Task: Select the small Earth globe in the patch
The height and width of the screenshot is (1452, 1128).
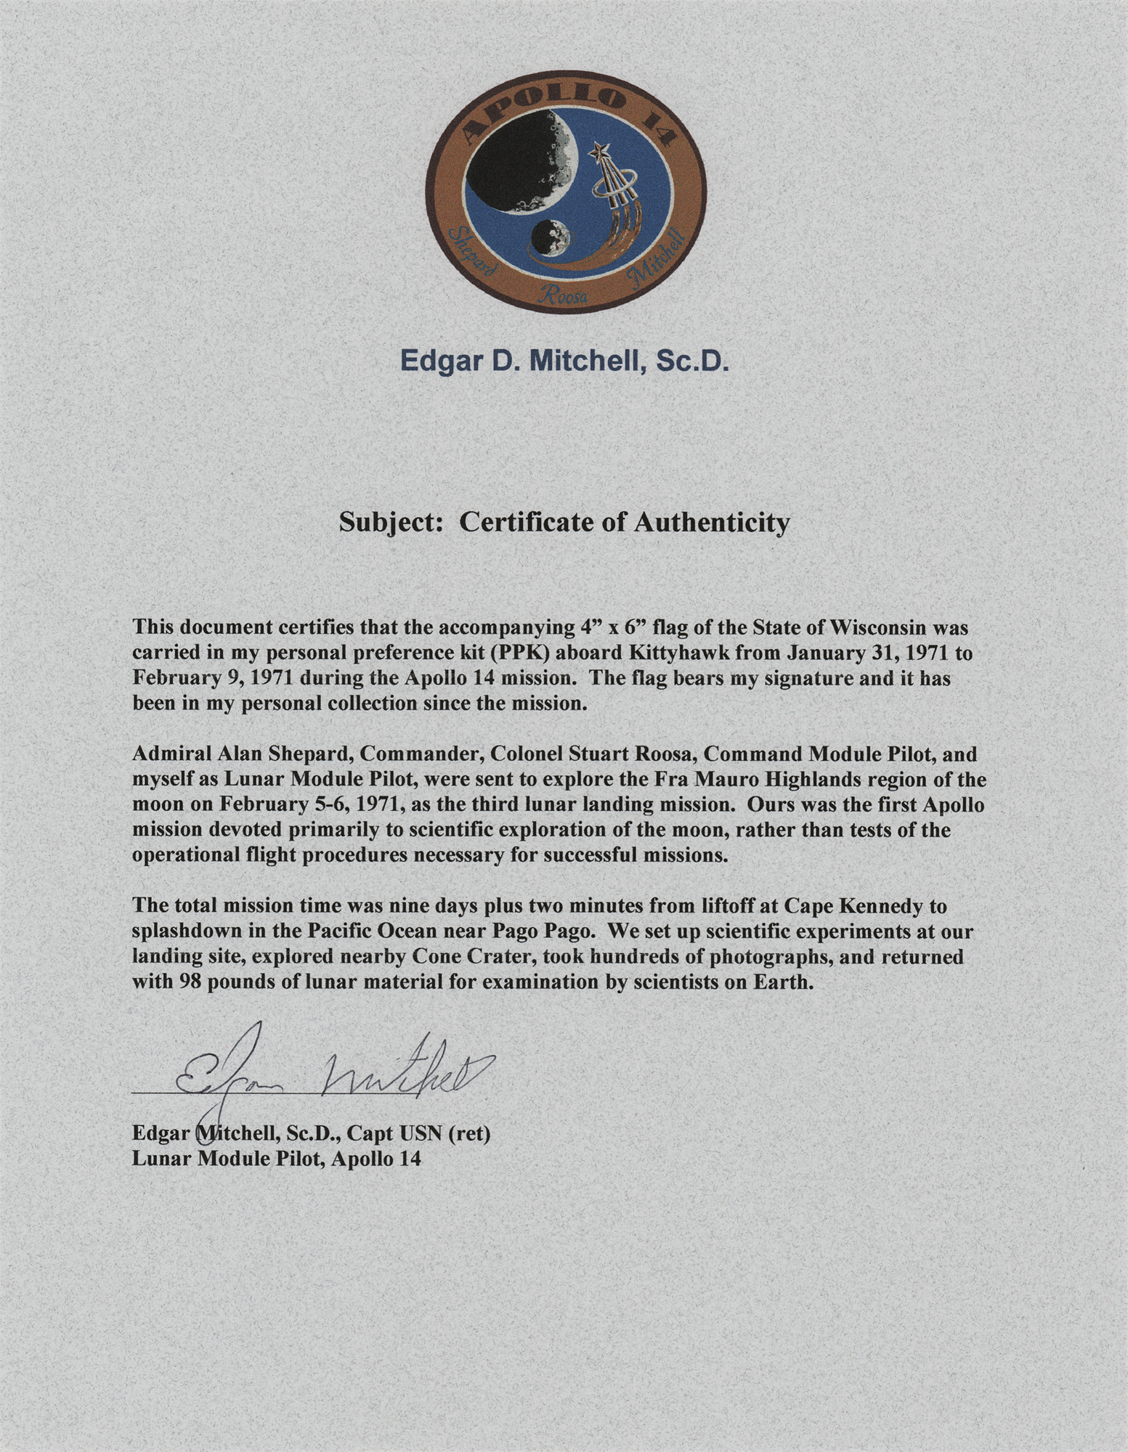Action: tap(551, 238)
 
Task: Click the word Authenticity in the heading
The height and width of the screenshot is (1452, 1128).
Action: tap(711, 523)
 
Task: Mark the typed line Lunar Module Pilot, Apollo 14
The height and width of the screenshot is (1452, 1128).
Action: tap(277, 1159)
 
